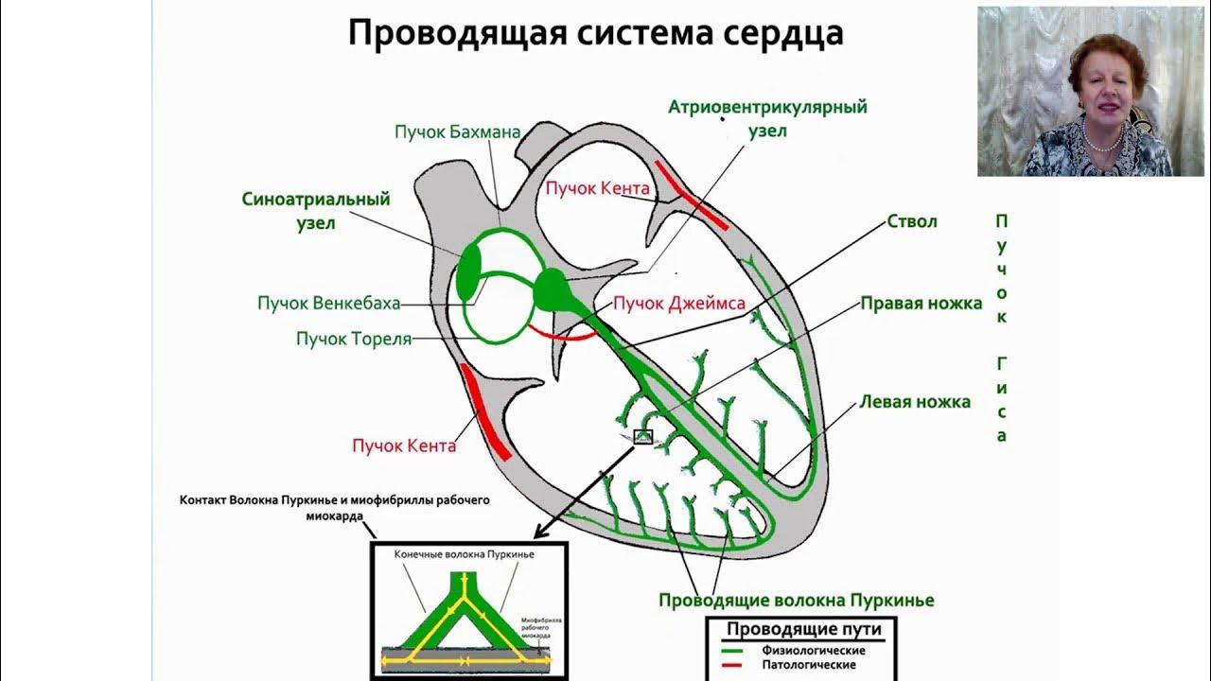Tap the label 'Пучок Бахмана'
458,131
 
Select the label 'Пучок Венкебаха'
328,304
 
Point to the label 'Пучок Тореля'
354,338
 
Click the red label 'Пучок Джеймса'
678,304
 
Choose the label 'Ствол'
912,221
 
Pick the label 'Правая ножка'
921,304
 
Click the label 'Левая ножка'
914,402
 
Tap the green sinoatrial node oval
468,272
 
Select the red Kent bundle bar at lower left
485,410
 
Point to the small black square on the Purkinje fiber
642,436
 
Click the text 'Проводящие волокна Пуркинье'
796,601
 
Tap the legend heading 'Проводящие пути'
802,630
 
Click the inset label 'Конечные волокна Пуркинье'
464,555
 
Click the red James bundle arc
559,333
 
